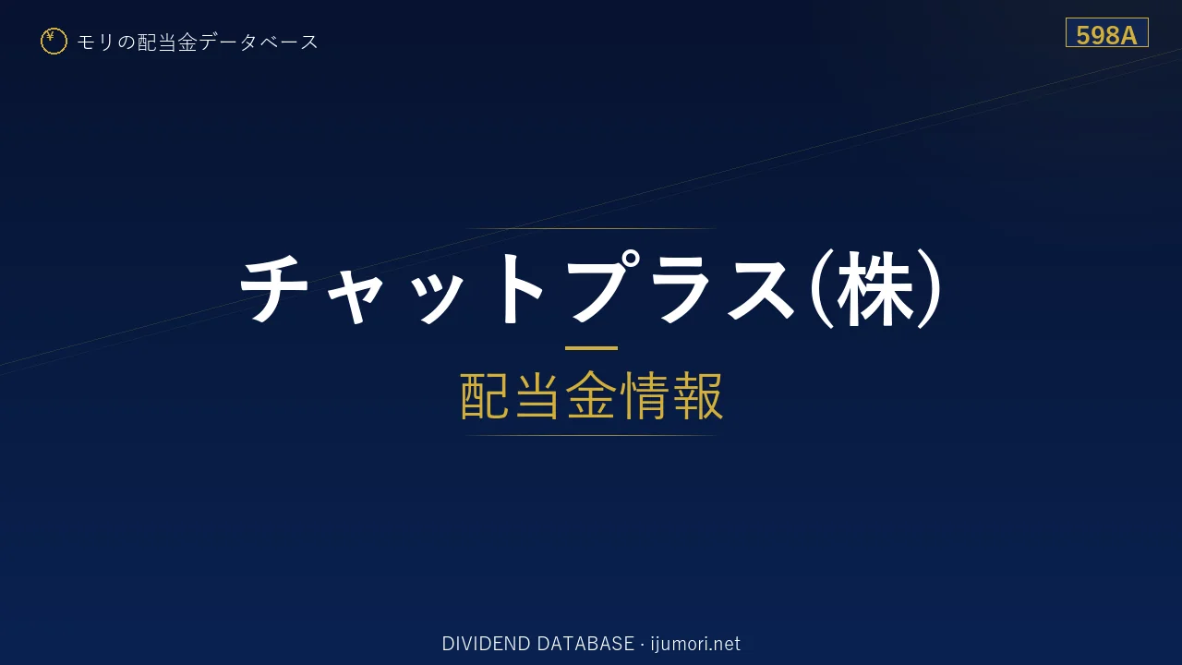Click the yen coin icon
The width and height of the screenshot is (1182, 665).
pyautogui.click(x=54, y=42)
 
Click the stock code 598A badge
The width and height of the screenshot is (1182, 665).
pyautogui.click(x=1106, y=32)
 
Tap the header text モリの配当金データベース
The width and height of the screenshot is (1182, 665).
pyautogui.click(x=198, y=42)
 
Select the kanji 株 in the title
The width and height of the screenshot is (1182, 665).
pyautogui.click(x=874, y=289)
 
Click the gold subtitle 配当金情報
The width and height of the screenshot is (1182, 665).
pyautogui.click(x=591, y=396)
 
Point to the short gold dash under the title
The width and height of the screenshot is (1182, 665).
pyautogui.click(x=591, y=348)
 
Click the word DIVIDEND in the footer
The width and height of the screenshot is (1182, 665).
pyautogui.click(x=486, y=644)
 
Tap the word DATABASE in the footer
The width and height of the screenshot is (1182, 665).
pyautogui.click(x=585, y=644)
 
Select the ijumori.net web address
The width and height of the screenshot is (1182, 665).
pyautogui.click(x=695, y=644)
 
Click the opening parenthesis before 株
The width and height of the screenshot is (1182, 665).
pyautogui.click(x=821, y=289)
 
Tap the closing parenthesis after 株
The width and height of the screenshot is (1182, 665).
pyautogui.click(x=929, y=289)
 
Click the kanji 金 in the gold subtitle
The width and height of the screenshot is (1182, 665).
pyautogui.click(x=591, y=396)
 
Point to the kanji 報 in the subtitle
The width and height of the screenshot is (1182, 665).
pyautogui.click(x=697, y=396)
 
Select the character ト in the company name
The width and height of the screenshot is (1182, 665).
pyautogui.click(x=523, y=287)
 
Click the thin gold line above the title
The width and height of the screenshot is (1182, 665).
pyautogui.click(x=591, y=228)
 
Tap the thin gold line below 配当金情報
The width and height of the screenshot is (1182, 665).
pyautogui.click(x=591, y=435)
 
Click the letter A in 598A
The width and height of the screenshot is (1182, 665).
pyautogui.click(x=1128, y=36)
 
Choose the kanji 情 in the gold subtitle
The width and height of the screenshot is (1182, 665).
pyautogui.click(x=644, y=396)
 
